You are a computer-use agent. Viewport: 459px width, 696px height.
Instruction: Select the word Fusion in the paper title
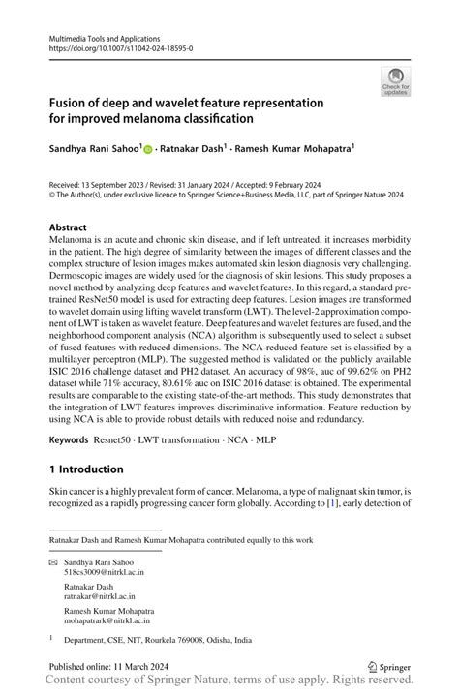coord(72,102)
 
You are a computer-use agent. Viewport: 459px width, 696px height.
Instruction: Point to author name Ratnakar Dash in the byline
coord(195,149)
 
